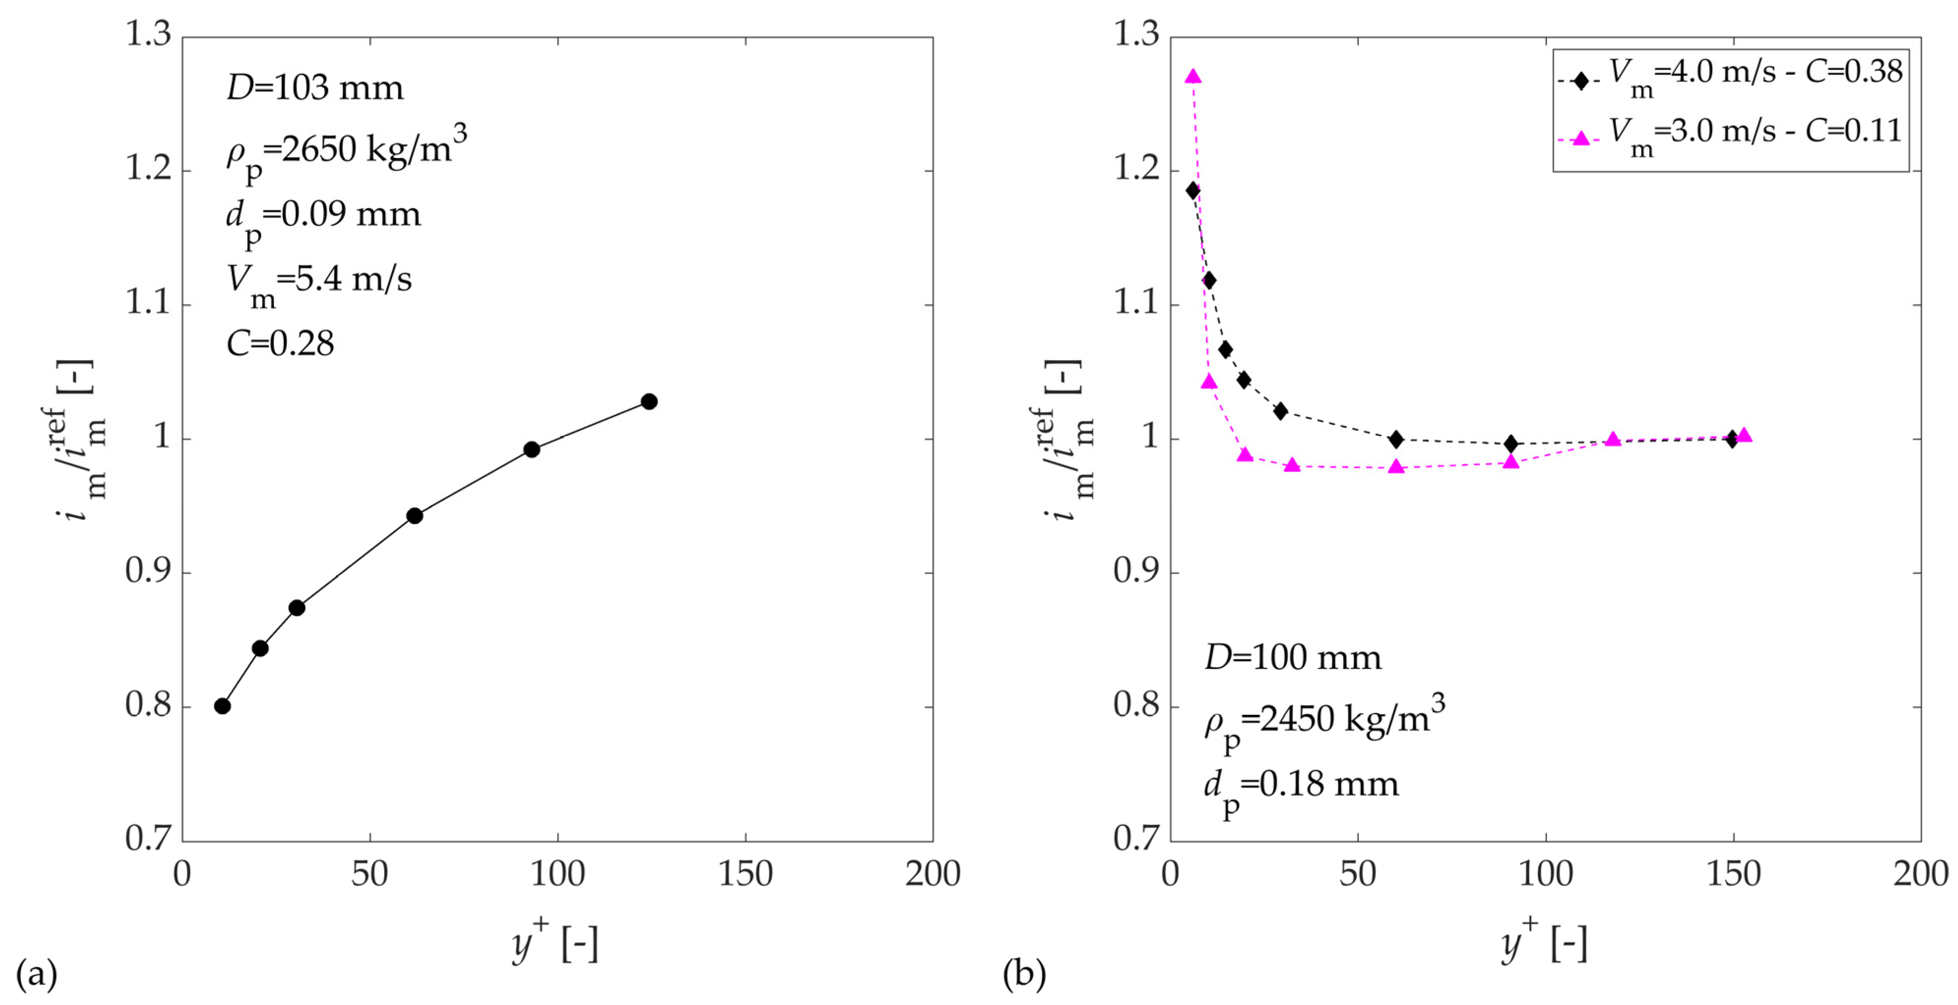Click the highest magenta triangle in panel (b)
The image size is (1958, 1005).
1193,77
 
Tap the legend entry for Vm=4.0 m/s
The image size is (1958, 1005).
1729,76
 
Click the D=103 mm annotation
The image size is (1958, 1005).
315,88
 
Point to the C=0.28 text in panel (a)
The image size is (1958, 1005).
280,344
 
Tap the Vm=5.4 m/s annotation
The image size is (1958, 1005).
319,281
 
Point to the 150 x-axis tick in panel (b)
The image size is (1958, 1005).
1733,874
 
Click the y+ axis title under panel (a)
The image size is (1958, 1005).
555,943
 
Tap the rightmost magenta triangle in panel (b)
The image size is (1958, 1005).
1745,435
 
